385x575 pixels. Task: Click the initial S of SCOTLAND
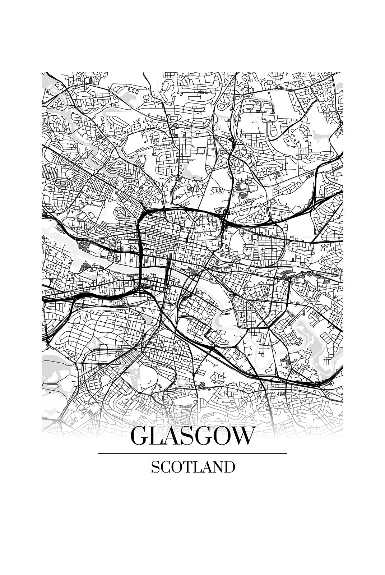tap(154, 467)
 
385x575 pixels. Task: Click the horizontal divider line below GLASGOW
tap(192, 454)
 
